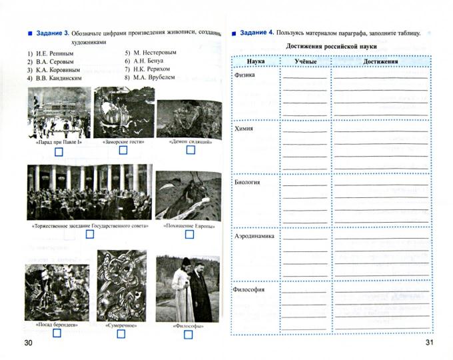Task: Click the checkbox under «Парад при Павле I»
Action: [x=59, y=153]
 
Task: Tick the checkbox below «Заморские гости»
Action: [x=123, y=151]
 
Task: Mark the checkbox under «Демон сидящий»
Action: [x=191, y=151]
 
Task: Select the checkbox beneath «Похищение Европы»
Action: [x=189, y=235]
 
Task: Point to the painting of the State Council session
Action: [x=89, y=192]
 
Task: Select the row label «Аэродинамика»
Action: [x=254, y=237]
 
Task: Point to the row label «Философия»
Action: [x=250, y=290]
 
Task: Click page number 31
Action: [x=430, y=343]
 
